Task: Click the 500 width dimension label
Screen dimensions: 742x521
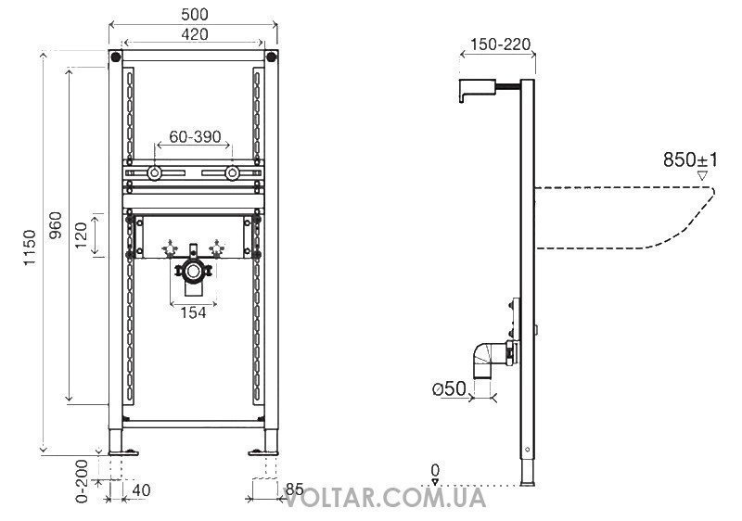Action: coord(195,14)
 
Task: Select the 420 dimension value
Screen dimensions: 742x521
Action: coord(195,34)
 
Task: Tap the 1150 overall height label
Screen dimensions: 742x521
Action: coord(30,248)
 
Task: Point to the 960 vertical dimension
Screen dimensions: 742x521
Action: coord(56,225)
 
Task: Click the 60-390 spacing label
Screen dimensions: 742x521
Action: coord(195,136)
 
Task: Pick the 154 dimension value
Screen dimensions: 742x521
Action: coord(193,312)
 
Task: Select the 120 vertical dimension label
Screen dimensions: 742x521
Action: coord(82,235)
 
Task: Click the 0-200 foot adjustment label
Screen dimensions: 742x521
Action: coord(83,480)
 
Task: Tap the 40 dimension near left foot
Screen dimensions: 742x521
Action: coord(141,490)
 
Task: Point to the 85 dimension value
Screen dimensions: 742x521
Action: coord(294,489)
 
